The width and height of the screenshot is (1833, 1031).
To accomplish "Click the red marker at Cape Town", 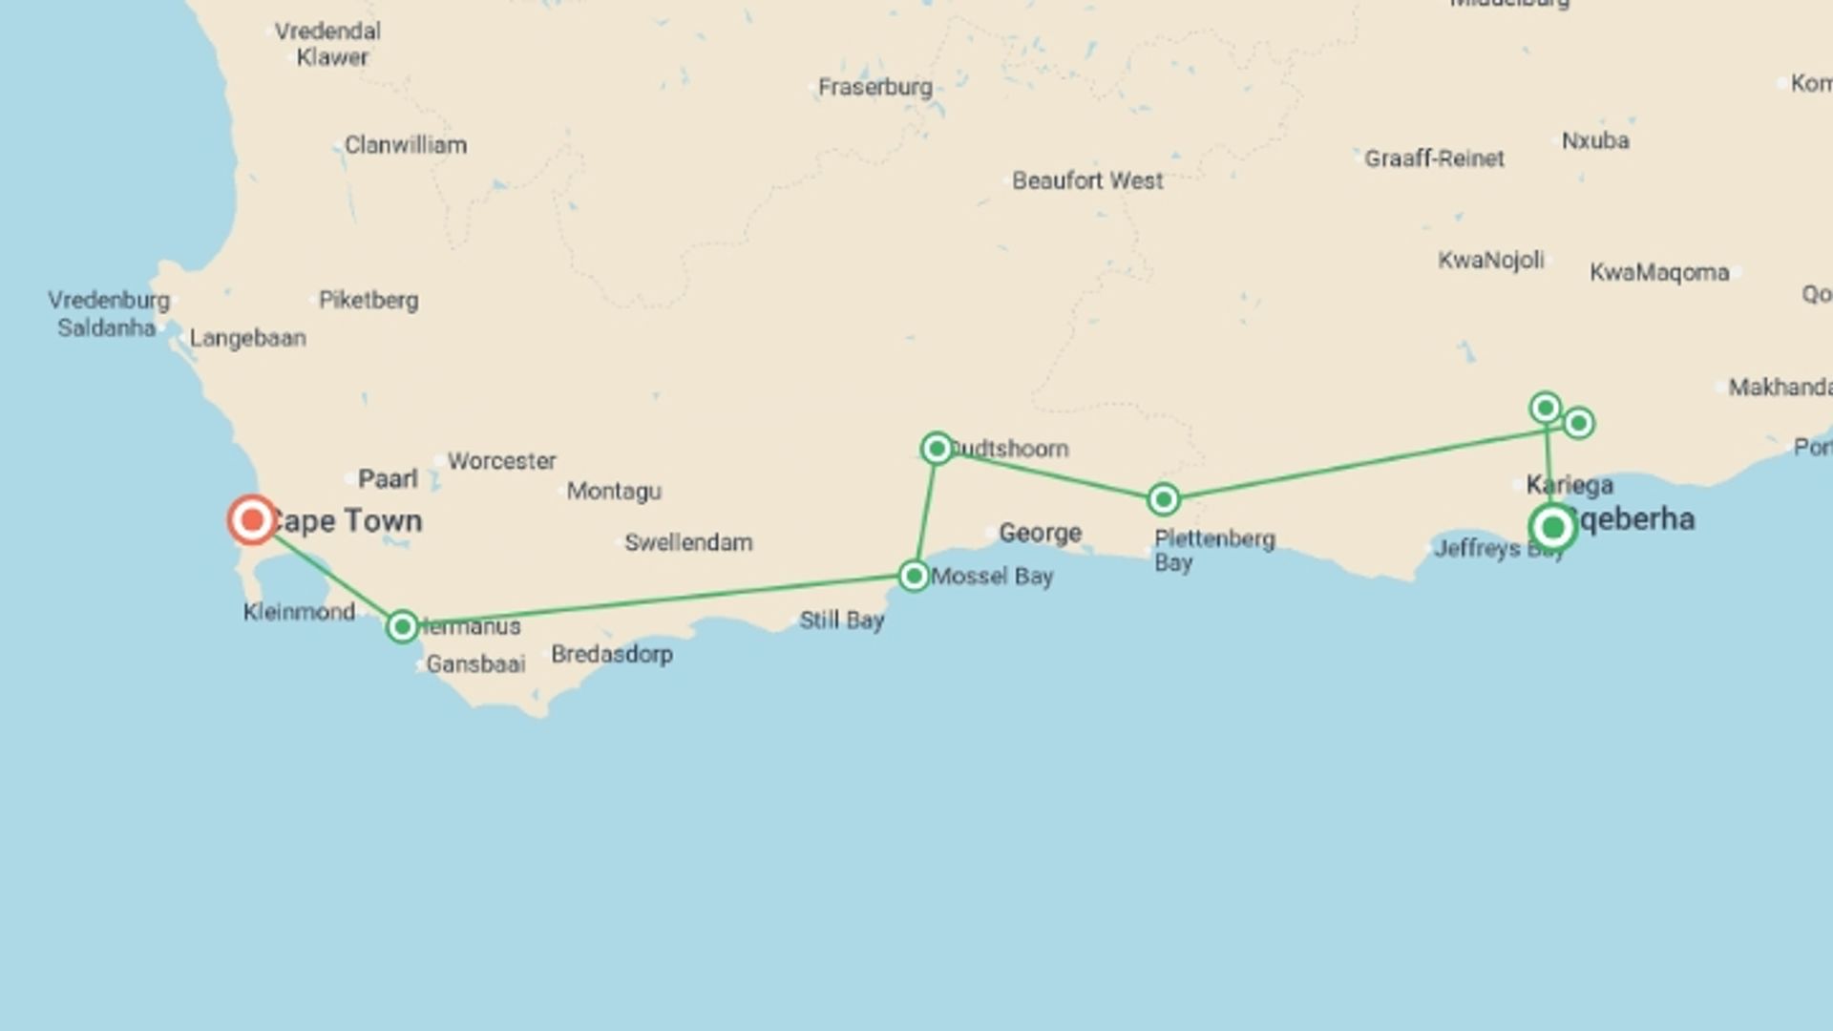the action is click(252, 520).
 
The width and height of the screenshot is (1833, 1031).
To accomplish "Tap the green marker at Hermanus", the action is click(403, 626).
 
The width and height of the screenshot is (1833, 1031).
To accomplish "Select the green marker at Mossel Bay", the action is click(914, 576).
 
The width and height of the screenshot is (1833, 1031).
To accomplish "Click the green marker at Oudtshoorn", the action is click(937, 449).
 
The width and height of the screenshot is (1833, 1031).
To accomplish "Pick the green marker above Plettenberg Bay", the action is click(1163, 499).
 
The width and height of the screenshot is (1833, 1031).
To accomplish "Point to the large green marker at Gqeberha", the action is click(1552, 527).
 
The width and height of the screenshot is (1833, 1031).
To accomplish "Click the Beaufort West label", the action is click(1087, 180).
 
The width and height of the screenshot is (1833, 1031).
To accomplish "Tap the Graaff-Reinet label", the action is click(1434, 158).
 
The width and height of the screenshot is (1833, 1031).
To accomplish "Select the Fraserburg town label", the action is click(874, 87).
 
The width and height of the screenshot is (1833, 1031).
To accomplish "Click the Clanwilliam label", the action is click(406, 145).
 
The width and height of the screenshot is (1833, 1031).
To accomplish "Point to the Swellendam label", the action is click(688, 542).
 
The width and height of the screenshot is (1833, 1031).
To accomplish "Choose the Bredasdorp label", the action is click(612, 654).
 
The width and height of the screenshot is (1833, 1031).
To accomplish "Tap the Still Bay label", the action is click(841, 620).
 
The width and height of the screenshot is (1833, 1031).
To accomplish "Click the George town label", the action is click(1040, 533).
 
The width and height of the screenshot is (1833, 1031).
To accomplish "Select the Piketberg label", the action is click(369, 301).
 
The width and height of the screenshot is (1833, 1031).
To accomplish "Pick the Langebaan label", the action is click(247, 338).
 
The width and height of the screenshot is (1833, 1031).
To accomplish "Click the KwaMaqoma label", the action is click(1659, 273).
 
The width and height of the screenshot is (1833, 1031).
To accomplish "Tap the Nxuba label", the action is click(1595, 141).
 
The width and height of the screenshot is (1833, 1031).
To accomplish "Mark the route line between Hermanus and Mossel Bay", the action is click(659, 600).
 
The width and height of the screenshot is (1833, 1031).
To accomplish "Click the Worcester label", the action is click(501, 461).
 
